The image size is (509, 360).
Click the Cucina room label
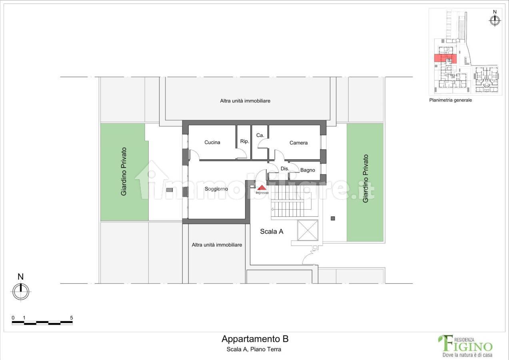tap(212, 142)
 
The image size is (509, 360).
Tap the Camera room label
tap(298, 143)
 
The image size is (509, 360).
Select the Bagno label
tap(307, 170)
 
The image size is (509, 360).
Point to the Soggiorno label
tap(216, 189)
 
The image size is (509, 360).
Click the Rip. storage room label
tap(244, 141)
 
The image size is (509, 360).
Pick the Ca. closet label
tap(260, 136)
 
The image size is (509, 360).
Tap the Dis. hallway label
tap(285, 169)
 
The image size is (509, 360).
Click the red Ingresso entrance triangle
tap(262, 188)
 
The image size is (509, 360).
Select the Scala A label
tap(271, 231)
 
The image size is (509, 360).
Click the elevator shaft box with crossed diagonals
tap(307, 230)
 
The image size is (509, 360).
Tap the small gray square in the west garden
tap(170, 190)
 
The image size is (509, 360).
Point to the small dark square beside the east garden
tap(333, 218)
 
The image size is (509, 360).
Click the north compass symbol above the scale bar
tap(21, 291)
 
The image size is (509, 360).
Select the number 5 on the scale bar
tap(71, 318)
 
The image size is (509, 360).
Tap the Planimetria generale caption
tap(450, 100)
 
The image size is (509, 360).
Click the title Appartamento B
tap(255, 339)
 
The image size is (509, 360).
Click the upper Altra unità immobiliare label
tap(245, 101)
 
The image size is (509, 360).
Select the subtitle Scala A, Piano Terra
tap(254, 349)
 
